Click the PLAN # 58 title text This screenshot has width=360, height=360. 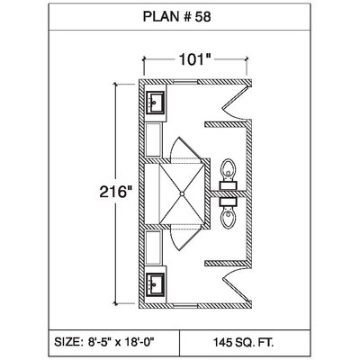176,17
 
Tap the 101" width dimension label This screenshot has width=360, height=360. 195,59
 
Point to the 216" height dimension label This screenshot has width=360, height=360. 116,192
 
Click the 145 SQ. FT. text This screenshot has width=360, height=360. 243,342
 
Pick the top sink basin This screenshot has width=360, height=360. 155,103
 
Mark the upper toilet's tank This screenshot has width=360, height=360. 228,185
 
